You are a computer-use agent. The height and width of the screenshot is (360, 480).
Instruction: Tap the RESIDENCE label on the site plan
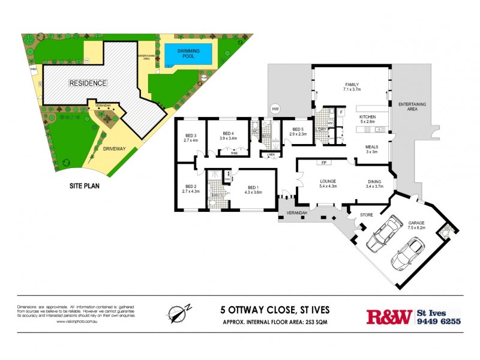click(87, 83)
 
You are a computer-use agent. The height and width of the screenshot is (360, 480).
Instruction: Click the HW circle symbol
click(275, 109)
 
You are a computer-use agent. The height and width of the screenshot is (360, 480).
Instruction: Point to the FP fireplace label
click(323, 163)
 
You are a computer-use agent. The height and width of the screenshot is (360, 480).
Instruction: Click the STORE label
click(366, 214)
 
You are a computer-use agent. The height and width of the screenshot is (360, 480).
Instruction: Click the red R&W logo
click(389, 316)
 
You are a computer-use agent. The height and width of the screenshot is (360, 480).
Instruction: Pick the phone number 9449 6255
click(439, 321)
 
